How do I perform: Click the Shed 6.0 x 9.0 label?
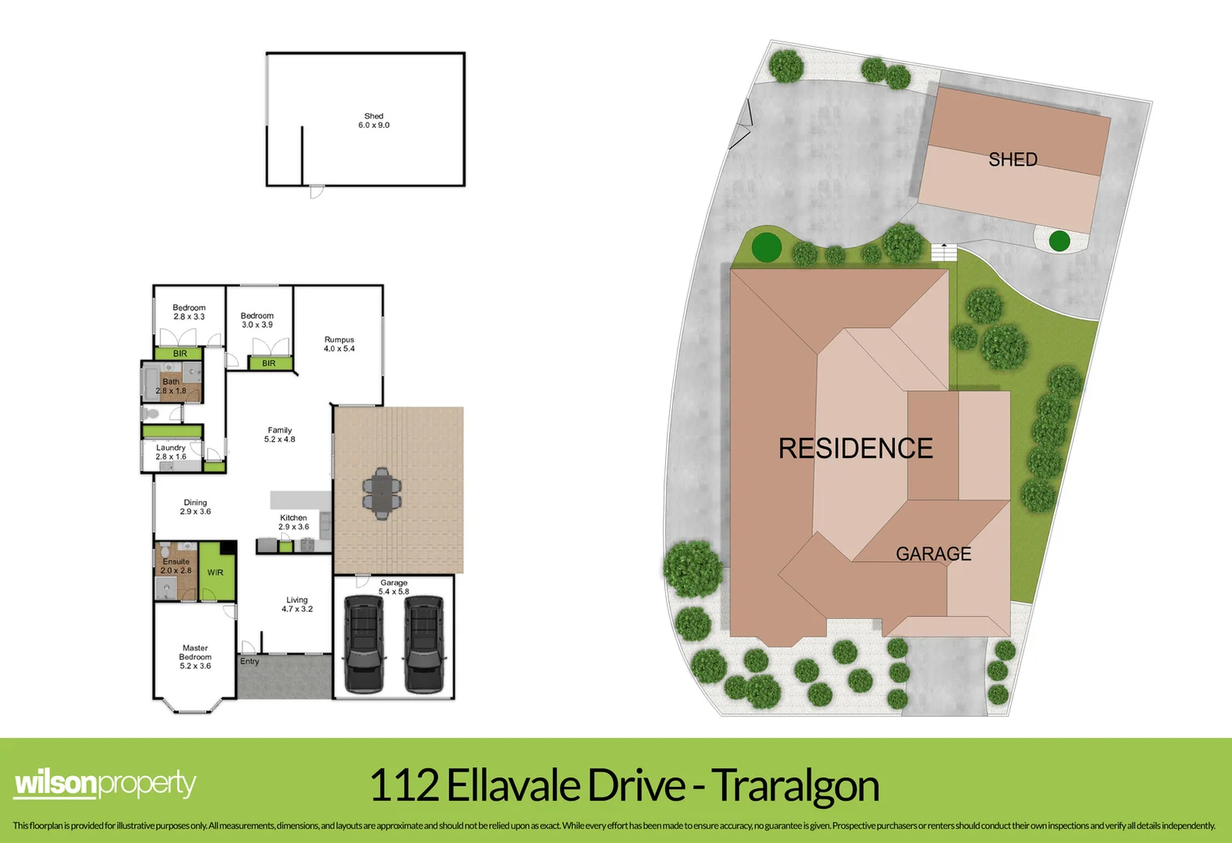[x=373, y=120]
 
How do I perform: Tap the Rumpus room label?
[x=339, y=344]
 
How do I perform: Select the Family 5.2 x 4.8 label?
[x=280, y=435]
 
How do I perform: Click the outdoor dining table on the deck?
[x=381, y=493]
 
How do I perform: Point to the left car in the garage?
[x=364, y=643]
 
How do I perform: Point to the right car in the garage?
[x=424, y=643]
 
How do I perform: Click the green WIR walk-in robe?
[x=215, y=572]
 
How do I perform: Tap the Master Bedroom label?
[x=195, y=656]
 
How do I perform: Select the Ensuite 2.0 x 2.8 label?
[x=176, y=566]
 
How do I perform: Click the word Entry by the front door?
[x=250, y=661]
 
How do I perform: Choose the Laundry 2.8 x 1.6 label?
[x=170, y=452]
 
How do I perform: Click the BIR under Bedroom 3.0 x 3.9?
[x=269, y=363]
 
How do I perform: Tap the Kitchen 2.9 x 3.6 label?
[x=294, y=522]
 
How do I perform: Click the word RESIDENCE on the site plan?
[x=856, y=449]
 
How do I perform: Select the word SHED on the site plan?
[x=1013, y=160]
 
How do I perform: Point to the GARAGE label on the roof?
[x=933, y=554]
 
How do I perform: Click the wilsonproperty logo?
[x=105, y=783]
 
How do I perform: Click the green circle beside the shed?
[x=1059, y=241]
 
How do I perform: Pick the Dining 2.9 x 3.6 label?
[x=195, y=507]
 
